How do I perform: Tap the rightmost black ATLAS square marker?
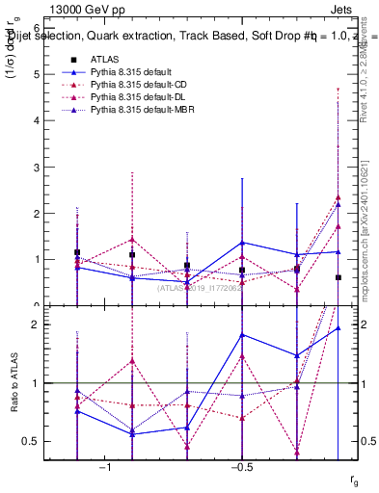pos(338,277)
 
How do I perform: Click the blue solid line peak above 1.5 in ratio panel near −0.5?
pos(241,334)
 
